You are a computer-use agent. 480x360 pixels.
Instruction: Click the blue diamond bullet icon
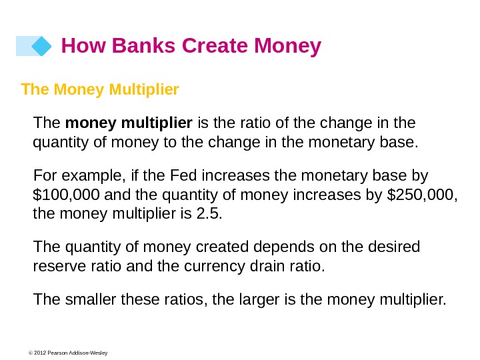(x=41, y=46)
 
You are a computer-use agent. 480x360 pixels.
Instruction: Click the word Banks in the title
(x=143, y=45)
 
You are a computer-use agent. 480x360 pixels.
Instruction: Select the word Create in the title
(x=215, y=45)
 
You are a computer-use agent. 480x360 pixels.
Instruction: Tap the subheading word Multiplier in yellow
(x=144, y=89)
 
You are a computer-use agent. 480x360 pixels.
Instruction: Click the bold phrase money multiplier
(x=129, y=123)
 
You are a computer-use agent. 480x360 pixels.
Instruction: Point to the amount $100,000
(x=66, y=195)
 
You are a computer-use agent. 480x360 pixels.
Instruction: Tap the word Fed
(x=183, y=175)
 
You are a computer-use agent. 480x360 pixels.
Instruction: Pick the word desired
(x=394, y=247)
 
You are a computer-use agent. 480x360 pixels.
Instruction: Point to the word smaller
(x=91, y=299)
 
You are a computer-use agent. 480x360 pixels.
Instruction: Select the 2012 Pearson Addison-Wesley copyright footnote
(x=68, y=353)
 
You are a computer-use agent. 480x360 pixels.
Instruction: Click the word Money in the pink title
(x=287, y=47)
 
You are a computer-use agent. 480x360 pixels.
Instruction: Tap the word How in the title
(x=83, y=45)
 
